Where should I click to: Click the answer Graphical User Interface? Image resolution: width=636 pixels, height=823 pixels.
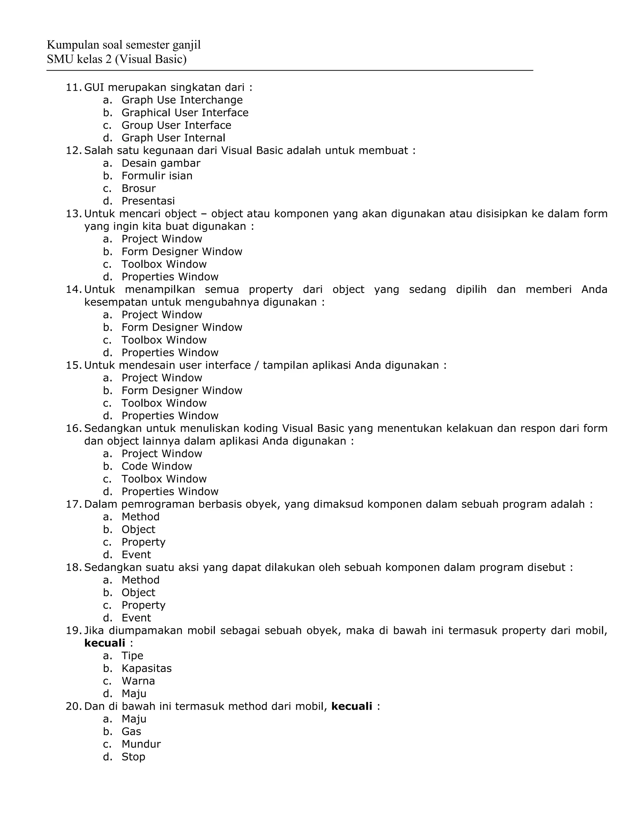(x=185, y=113)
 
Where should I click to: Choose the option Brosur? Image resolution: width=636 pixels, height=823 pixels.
(x=138, y=189)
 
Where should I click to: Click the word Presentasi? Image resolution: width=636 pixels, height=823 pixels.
(x=148, y=201)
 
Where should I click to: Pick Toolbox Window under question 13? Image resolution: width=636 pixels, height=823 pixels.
(x=164, y=264)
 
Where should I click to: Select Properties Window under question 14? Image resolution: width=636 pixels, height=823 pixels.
(x=170, y=353)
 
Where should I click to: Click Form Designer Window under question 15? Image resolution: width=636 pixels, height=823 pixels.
(x=182, y=390)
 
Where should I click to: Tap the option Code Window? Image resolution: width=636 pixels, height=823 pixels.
(x=157, y=466)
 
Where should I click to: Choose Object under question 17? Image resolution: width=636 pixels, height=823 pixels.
(x=138, y=530)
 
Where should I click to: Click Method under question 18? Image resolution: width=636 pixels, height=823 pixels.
(x=140, y=580)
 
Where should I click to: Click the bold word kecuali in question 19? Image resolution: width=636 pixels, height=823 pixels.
(x=104, y=643)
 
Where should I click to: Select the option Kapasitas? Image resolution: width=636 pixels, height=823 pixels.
(x=147, y=669)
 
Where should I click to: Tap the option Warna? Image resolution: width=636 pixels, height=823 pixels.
(x=138, y=681)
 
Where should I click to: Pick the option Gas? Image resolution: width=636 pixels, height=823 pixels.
(x=131, y=731)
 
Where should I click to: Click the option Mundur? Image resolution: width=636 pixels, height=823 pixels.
(x=141, y=744)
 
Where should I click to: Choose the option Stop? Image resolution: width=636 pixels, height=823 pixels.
(x=133, y=757)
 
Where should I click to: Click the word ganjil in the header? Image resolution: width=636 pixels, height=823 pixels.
(x=187, y=45)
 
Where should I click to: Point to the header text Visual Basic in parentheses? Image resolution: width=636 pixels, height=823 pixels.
(x=151, y=59)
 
